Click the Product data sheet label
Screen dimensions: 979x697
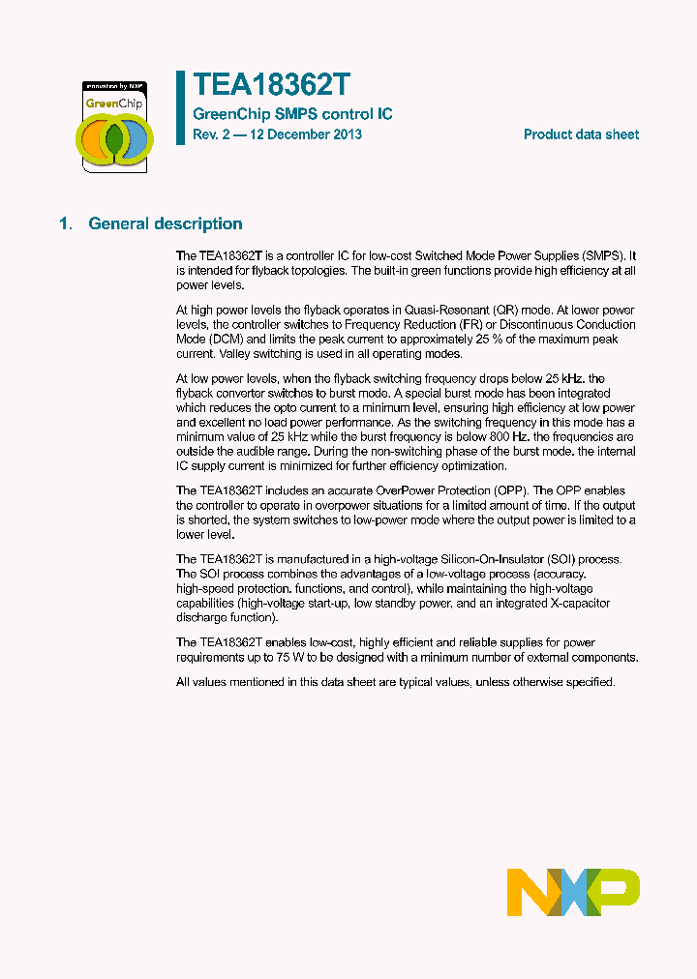pos(581,134)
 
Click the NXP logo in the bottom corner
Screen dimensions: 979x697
pos(573,891)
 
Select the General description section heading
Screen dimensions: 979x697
pos(166,223)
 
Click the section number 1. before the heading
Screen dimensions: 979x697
pos(65,223)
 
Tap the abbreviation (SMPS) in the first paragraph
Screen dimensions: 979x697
pos(601,255)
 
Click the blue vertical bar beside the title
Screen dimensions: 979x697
pos(180,107)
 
